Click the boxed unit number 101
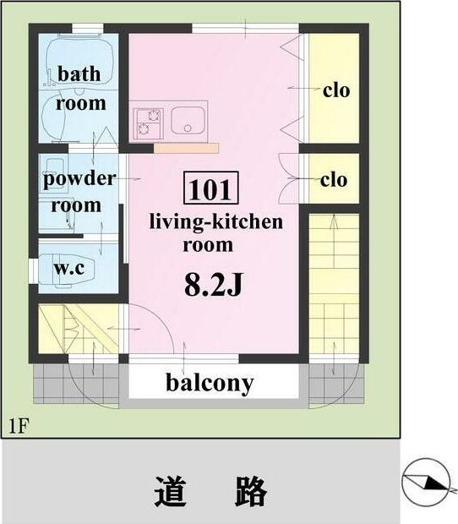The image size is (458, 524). pyautogui.click(x=210, y=188)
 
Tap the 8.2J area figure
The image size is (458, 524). pyautogui.click(x=213, y=285)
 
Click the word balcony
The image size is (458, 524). pyautogui.click(x=210, y=383)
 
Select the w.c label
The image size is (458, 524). pyautogui.click(x=69, y=268)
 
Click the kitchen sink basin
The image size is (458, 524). pyautogui.click(x=188, y=121)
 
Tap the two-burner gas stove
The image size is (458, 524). pyautogui.click(x=149, y=123)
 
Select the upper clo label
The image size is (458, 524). pyautogui.click(x=336, y=90)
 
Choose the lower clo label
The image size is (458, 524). pyautogui.click(x=334, y=180)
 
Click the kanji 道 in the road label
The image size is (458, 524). pyautogui.click(x=169, y=491)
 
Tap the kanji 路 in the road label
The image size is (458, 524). pyautogui.click(x=250, y=491)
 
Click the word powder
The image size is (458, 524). pyautogui.click(x=79, y=179)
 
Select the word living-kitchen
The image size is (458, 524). pyautogui.click(x=216, y=222)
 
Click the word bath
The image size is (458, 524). pyautogui.click(x=79, y=74)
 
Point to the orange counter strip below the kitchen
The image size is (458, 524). pyautogui.click(x=187, y=148)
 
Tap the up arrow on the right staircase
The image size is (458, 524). pyautogui.click(x=334, y=241)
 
